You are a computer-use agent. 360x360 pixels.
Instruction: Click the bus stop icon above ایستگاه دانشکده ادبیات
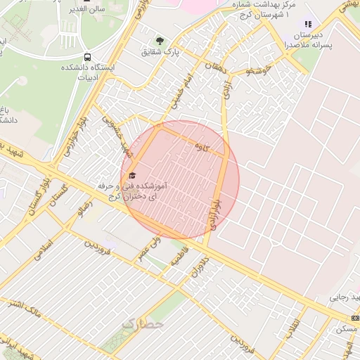click(87, 56)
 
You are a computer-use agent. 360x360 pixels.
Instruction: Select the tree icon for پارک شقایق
click(160, 40)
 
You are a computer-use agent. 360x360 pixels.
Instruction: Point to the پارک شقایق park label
click(160, 51)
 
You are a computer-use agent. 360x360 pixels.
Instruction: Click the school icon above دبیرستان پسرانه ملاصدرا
click(307, 24)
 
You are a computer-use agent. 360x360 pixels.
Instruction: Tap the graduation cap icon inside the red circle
click(131, 175)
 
